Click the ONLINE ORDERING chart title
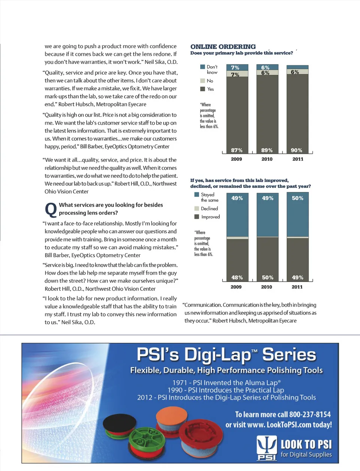point(223,47)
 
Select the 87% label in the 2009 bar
point(237,150)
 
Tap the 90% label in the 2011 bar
point(297,150)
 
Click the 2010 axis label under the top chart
point(267,159)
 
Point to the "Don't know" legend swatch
point(202,67)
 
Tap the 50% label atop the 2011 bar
point(298,198)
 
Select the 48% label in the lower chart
point(237,278)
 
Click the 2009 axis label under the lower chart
point(236,287)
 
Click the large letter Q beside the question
point(51,210)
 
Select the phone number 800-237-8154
point(310,415)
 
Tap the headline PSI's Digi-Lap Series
point(226,355)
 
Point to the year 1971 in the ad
point(179,383)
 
